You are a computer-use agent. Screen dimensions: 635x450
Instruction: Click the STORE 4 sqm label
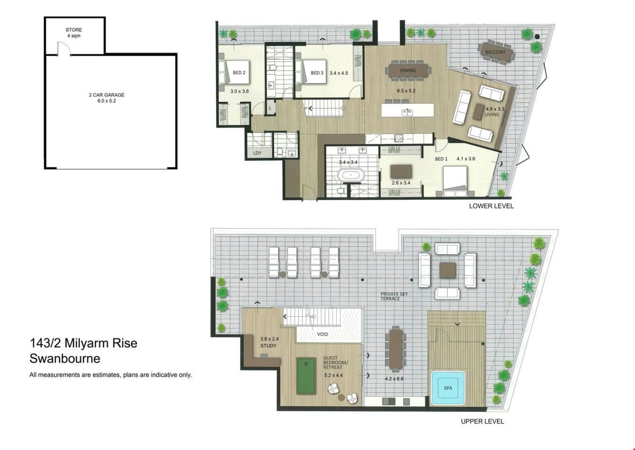(x=74, y=33)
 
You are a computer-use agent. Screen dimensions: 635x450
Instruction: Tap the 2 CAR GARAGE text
(x=106, y=95)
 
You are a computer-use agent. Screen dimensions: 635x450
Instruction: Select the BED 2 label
(x=239, y=72)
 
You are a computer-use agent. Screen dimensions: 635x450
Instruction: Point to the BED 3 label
(x=317, y=73)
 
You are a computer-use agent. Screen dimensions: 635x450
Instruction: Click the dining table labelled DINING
(x=408, y=70)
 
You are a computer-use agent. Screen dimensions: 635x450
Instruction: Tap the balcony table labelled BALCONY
(x=495, y=52)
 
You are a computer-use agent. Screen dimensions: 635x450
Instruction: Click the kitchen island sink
(x=407, y=112)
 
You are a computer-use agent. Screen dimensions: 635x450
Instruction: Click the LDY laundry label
(x=257, y=153)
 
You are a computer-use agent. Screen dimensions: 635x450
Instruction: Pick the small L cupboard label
(x=270, y=108)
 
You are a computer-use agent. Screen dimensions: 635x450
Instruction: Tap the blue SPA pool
(x=448, y=388)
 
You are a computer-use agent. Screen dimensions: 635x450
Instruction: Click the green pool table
(x=306, y=376)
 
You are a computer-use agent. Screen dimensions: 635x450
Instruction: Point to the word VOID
(x=322, y=334)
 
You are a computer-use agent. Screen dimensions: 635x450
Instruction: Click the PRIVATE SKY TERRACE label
(x=394, y=296)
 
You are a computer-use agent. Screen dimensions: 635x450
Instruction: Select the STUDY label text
(x=268, y=346)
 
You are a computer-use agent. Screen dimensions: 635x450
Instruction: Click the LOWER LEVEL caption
(x=491, y=206)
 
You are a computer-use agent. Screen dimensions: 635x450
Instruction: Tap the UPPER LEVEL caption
(x=482, y=422)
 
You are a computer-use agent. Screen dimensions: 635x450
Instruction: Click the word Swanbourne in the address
(x=65, y=359)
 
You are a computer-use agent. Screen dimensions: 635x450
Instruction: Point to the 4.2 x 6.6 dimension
(x=394, y=379)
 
